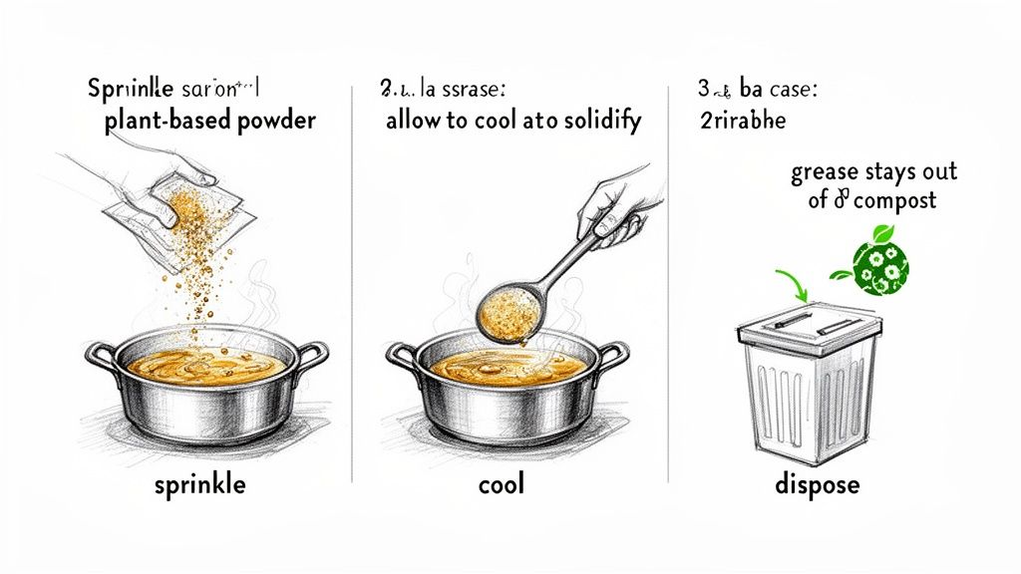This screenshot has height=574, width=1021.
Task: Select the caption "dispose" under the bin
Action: tap(817, 487)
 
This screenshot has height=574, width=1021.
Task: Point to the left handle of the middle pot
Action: tap(401, 355)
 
